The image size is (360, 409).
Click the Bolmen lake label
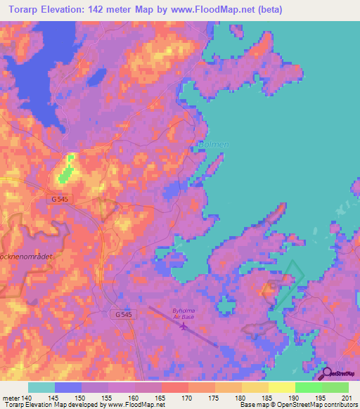click(x=212, y=145)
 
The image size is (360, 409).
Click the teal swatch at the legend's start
click(x=41, y=387)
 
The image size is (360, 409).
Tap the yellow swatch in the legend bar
click(x=281, y=387)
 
